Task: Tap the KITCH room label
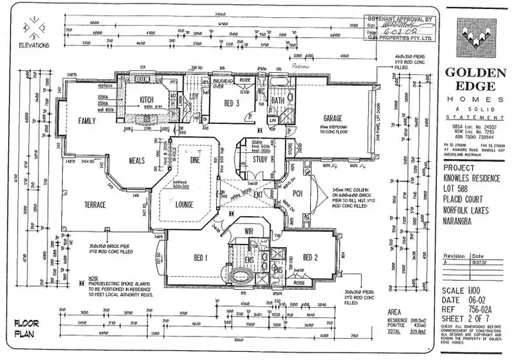(147, 100)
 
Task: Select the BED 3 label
(233, 103)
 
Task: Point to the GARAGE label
(334, 118)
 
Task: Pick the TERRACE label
(94, 205)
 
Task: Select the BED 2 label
(310, 258)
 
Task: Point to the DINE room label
(194, 160)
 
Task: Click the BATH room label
(277, 100)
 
